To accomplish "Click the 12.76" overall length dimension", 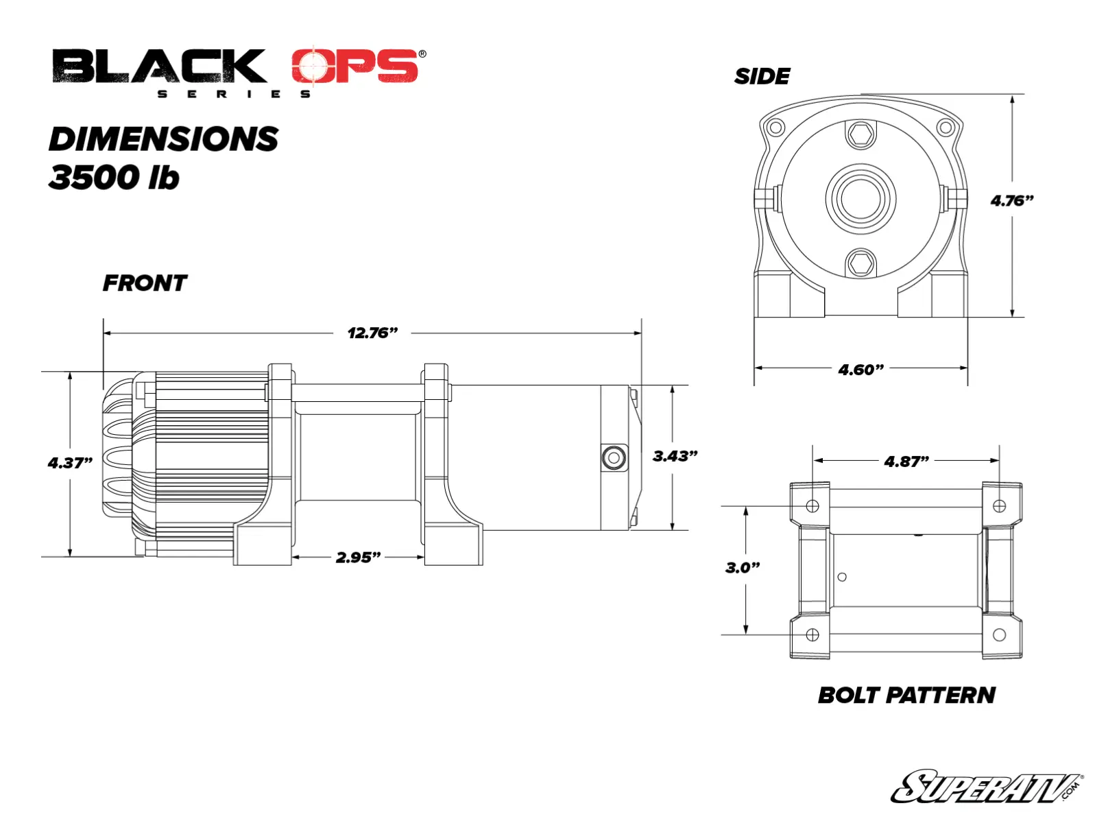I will click(x=372, y=333).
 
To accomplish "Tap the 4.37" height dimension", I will click(x=70, y=463).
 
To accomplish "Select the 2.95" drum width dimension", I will click(x=358, y=557).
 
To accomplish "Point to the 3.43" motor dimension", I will click(x=675, y=456).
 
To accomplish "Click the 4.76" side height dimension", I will click(x=1011, y=201).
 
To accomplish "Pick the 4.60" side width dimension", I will click(x=861, y=370).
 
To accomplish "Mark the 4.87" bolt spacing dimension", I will click(x=906, y=462).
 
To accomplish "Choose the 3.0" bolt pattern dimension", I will click(x=743, y=567).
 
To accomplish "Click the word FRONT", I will click(x=145, y=283).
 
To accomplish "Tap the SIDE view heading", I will click(x=762, y=76).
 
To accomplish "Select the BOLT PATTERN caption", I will click(x=906, y=695).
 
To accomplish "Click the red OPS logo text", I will click(x=354, y=67).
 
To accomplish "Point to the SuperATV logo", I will click(x=986, y=787).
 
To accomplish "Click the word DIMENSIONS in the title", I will click(x=163, y=139).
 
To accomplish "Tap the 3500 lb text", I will click(x=114, y=178).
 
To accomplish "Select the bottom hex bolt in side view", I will click(x=861, y=263).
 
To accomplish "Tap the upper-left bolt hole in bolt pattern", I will click(x=813, y=506).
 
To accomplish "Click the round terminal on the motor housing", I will click(x=614, y=457).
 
